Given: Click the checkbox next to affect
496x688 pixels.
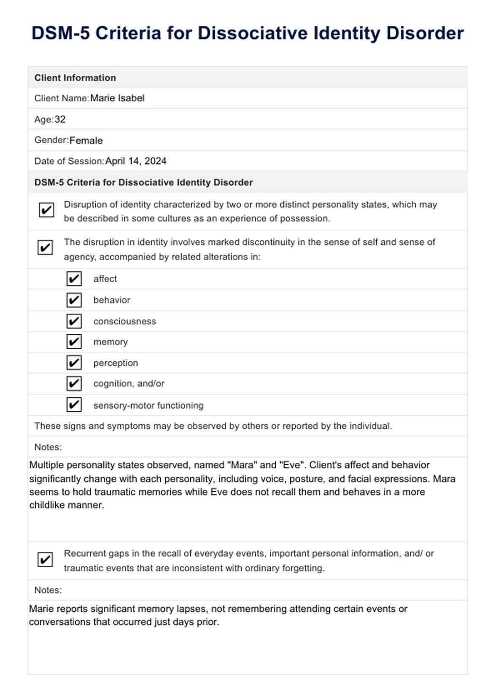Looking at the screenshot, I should click(x=74, y=279).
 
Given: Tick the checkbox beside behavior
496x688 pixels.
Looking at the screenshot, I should click(x=74, y=300).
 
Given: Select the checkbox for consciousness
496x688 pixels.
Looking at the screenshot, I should click(x=74, y=321).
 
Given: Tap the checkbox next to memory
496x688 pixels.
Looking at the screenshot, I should click(x=74, y=341).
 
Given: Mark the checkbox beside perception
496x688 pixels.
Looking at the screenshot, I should click(x=74, y=363).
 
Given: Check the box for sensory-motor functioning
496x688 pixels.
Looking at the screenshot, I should click(x=74, y=405).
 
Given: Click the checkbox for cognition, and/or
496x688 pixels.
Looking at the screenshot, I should click(x=74, y=383).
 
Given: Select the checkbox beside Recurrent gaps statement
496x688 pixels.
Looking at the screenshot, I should click(x=45, y=560).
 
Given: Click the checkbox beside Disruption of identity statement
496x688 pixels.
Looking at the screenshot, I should click(x=46, y=210).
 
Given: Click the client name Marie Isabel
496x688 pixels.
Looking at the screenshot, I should click(x=117, y=98).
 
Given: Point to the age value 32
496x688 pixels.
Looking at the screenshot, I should click(x=60, y=119).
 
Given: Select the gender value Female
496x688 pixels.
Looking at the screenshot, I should click(x=86, y=141).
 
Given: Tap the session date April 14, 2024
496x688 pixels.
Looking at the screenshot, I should click(x=136, y=161).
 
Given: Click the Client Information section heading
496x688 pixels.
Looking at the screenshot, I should click(x=75, y=78).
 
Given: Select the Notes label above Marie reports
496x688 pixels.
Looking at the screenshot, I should click(x=48, y=590).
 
